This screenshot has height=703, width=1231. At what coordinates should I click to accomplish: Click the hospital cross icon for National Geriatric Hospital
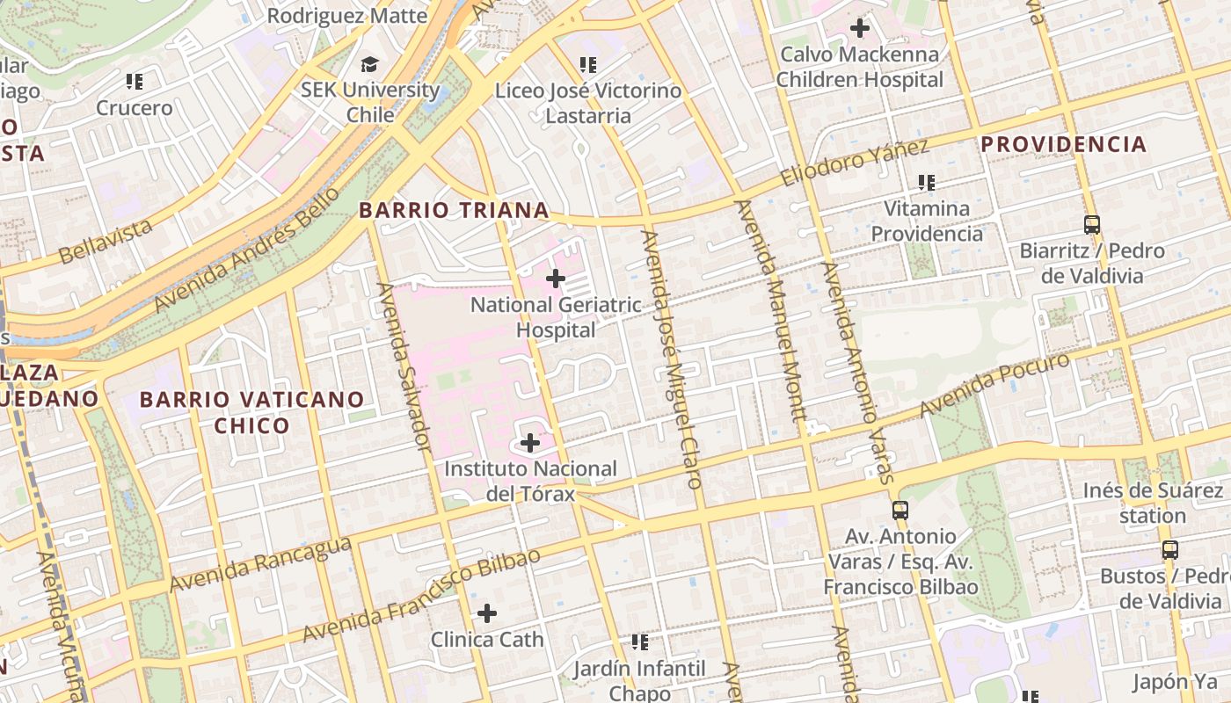tap(556, 279)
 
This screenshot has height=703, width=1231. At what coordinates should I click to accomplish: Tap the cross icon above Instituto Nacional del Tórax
tap(530, 443)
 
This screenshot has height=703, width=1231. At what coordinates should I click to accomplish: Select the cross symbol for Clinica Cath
tap(487, 613)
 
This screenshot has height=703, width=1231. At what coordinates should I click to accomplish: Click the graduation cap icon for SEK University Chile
tap(369, 64)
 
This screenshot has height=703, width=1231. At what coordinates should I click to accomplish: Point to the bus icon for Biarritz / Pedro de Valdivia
tap(1091, 225)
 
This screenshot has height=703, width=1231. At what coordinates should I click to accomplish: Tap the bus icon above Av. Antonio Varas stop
tap(900, 510)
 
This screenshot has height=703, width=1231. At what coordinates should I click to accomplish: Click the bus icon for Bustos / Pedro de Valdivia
tap(1169, 550)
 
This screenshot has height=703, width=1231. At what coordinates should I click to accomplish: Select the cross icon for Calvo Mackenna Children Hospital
tap(859, 28)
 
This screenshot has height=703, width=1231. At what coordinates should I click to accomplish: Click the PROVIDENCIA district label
tap(1063, 144)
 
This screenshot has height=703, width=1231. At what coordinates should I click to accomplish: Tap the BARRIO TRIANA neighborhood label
tap(454, 211)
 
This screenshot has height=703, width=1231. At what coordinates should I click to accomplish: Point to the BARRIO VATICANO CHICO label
tap(251, 412)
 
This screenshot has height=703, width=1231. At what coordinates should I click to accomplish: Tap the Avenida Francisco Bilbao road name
tap(421, 596)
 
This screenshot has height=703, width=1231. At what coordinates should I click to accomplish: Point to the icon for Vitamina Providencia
tap(926, 183)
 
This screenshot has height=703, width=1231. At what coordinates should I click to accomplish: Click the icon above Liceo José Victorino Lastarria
tap(588, 65)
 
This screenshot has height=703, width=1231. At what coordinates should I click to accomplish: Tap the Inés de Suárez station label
tap(1152, 503)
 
